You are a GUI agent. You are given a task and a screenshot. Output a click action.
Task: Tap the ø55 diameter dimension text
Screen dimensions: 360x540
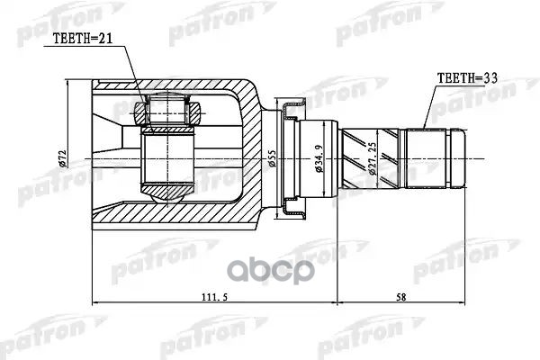pos(270,157)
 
